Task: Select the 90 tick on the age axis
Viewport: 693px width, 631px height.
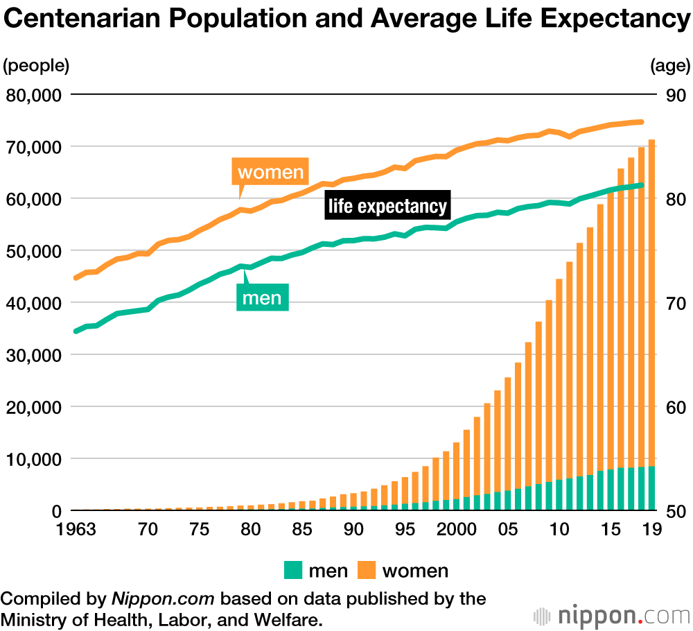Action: coord(675,94)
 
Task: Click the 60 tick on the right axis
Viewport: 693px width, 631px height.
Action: coord(675,407)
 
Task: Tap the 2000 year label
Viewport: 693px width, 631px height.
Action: coord(456,530)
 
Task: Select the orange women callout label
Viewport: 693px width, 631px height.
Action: coord(270,172)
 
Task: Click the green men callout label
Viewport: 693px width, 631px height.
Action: coord(261,297)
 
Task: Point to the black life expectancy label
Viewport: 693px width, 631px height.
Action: coord(387,206)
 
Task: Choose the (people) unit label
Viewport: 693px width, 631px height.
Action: coord(36,66)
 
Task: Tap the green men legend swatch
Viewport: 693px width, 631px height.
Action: coord(293,571)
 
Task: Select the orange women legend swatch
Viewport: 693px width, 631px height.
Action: coord(366,571)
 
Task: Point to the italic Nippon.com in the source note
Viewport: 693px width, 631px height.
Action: coord(163,598)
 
